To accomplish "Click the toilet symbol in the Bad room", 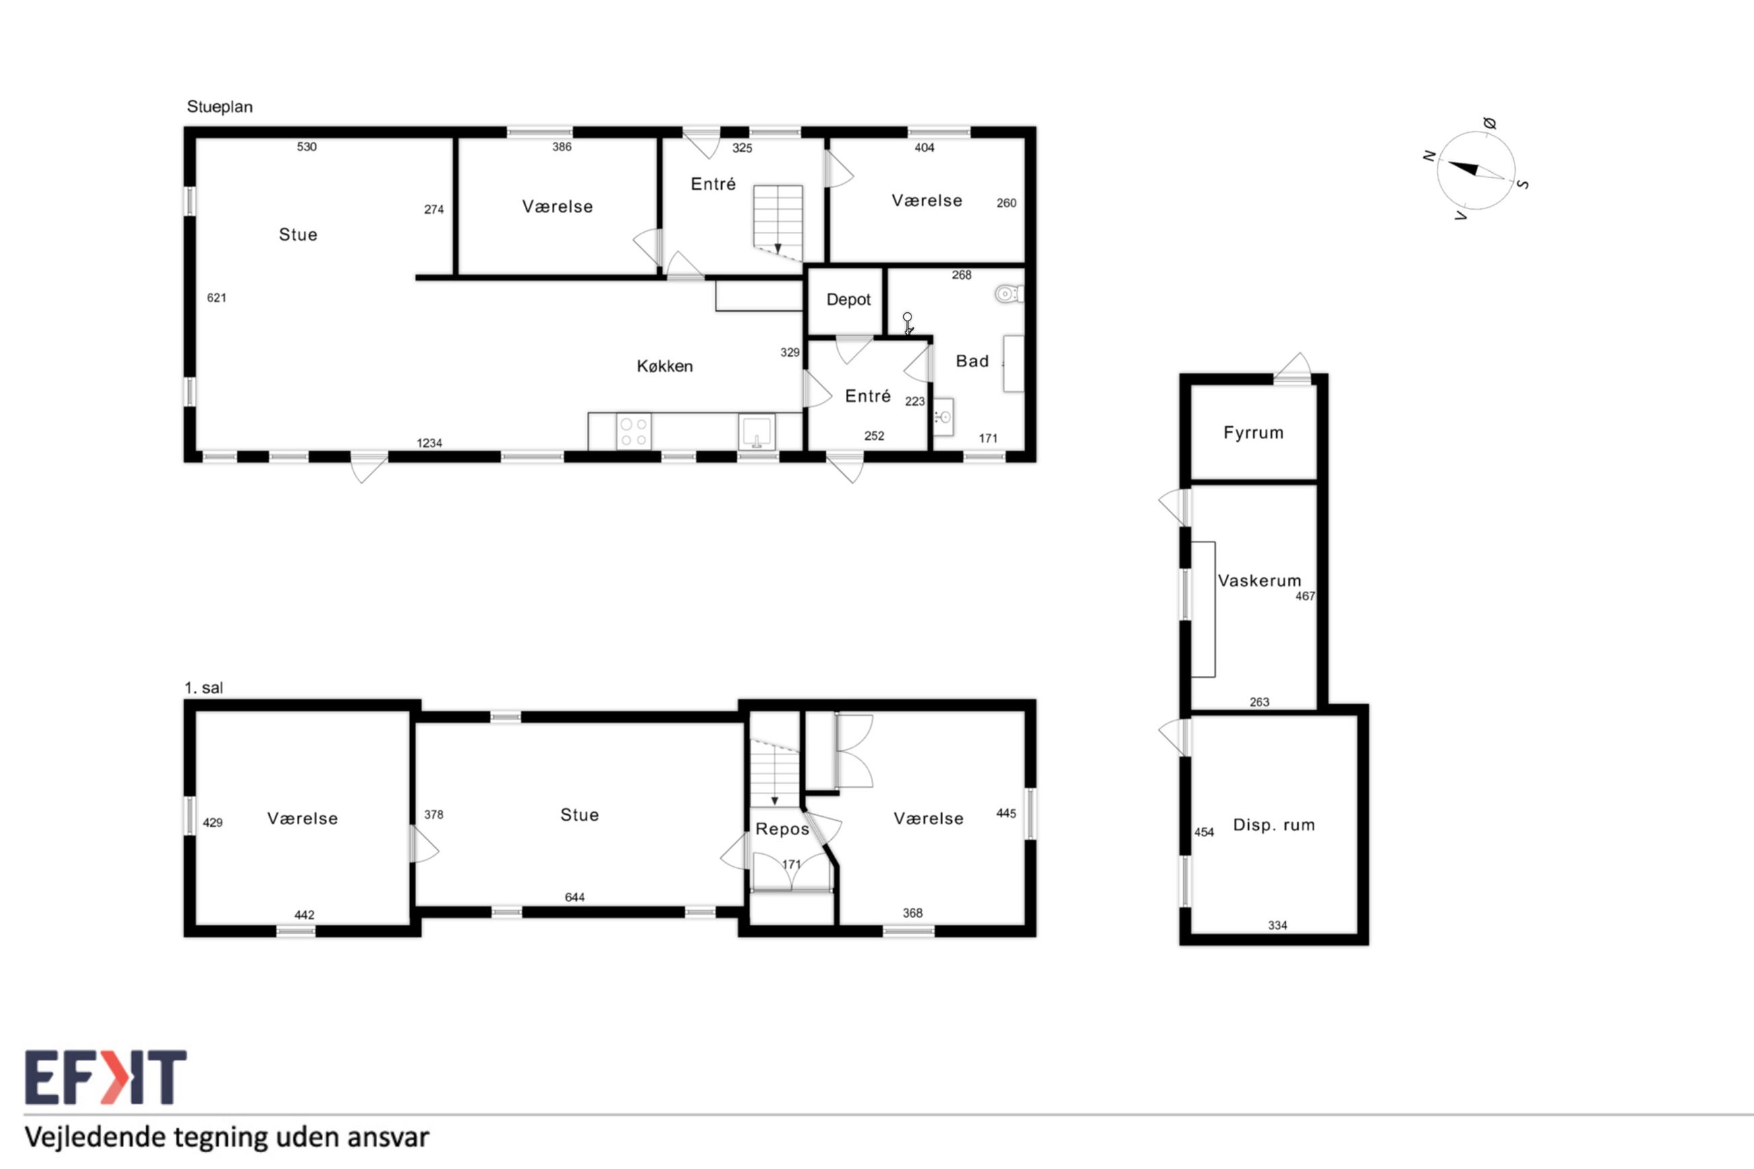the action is coord(1009,293).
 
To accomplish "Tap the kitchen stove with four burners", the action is coord(633,432).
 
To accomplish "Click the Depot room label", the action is coord(848,300).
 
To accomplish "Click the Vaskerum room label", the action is coord(1259,580).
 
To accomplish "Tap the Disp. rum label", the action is coord(1274,824).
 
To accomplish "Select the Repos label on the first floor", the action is coord(782,829).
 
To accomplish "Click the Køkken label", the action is coord(665,366).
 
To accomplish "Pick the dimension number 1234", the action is coord(429,443).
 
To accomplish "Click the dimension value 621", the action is coord(216,298).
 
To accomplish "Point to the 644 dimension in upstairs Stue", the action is coord(575,897).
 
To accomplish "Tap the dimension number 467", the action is coord(1305,596).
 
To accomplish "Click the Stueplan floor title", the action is coord(220,107).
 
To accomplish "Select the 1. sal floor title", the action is coord(204,687).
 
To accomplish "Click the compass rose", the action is coord(1475,171).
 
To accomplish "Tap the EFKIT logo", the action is coord(105,1077).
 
